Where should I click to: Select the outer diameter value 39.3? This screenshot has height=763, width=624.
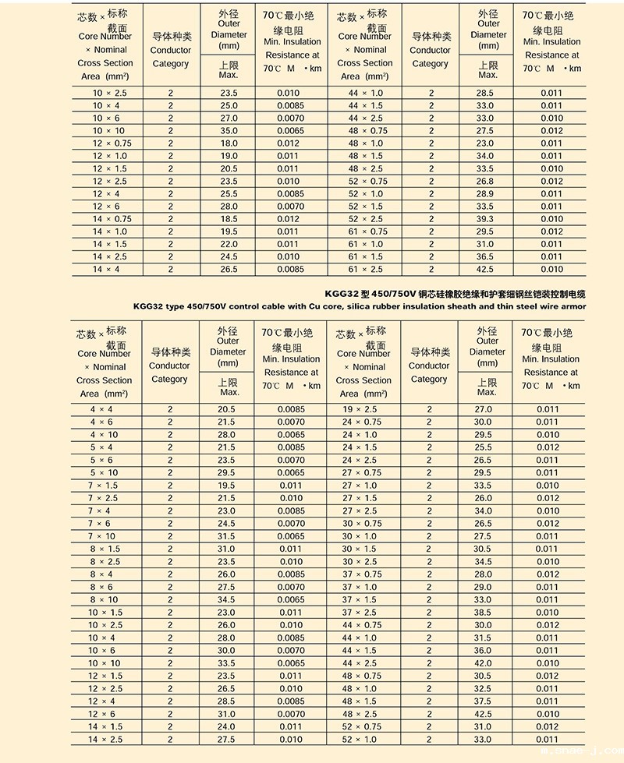click(485, 219)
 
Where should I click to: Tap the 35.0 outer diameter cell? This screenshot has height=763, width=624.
click(229, 131)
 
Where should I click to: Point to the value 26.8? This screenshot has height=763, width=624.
click(485, 182)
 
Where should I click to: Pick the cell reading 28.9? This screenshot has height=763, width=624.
click(485, 194)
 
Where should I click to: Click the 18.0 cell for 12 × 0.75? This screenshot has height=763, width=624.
click(229, 143)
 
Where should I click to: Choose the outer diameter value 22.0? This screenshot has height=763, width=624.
click(229, 244)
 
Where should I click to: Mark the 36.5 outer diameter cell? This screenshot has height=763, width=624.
click(485, 256)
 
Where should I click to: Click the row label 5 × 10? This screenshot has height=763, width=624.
click(104, 472)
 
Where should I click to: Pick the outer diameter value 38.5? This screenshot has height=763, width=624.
click(484, 613)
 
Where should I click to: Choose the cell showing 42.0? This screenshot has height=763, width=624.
click(484, 663)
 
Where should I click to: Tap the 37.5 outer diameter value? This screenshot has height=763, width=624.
click(484, 701)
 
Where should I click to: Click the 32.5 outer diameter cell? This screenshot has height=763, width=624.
click(484, 689)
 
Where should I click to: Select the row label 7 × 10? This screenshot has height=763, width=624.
click(104, 536)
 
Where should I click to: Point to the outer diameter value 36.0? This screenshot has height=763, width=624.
click(484, 651)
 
